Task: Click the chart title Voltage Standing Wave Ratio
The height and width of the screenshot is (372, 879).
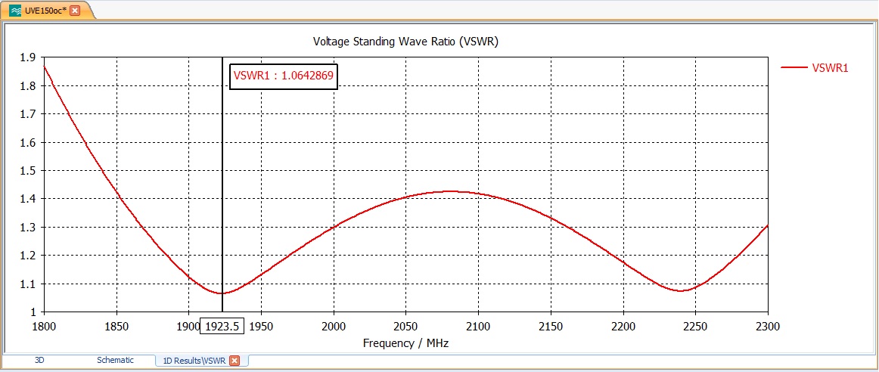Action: click(405, 42)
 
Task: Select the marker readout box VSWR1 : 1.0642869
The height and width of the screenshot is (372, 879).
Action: click(284, 76)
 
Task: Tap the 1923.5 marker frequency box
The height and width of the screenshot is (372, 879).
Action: click(222, 326)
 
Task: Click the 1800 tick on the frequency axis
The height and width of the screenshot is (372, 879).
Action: click(44, 326)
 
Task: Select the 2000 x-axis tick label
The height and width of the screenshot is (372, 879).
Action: click(334, 326)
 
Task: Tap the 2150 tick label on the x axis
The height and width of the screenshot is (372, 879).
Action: click(551, 326)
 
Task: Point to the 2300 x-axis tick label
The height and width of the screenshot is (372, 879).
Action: click(767, 326)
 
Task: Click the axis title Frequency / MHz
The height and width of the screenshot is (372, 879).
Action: click(406, 343)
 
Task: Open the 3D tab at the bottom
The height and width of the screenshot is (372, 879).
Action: click(39, 361)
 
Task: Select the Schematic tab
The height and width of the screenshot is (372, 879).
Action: click(115, 361)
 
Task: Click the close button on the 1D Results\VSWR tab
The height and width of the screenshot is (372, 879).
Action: click(235, 361)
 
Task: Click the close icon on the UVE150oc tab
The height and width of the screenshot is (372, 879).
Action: click(75, 10)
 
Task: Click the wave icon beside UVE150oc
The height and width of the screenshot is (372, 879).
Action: click(15, 10)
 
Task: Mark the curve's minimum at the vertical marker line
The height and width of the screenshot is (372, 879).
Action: click(222, 293)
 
